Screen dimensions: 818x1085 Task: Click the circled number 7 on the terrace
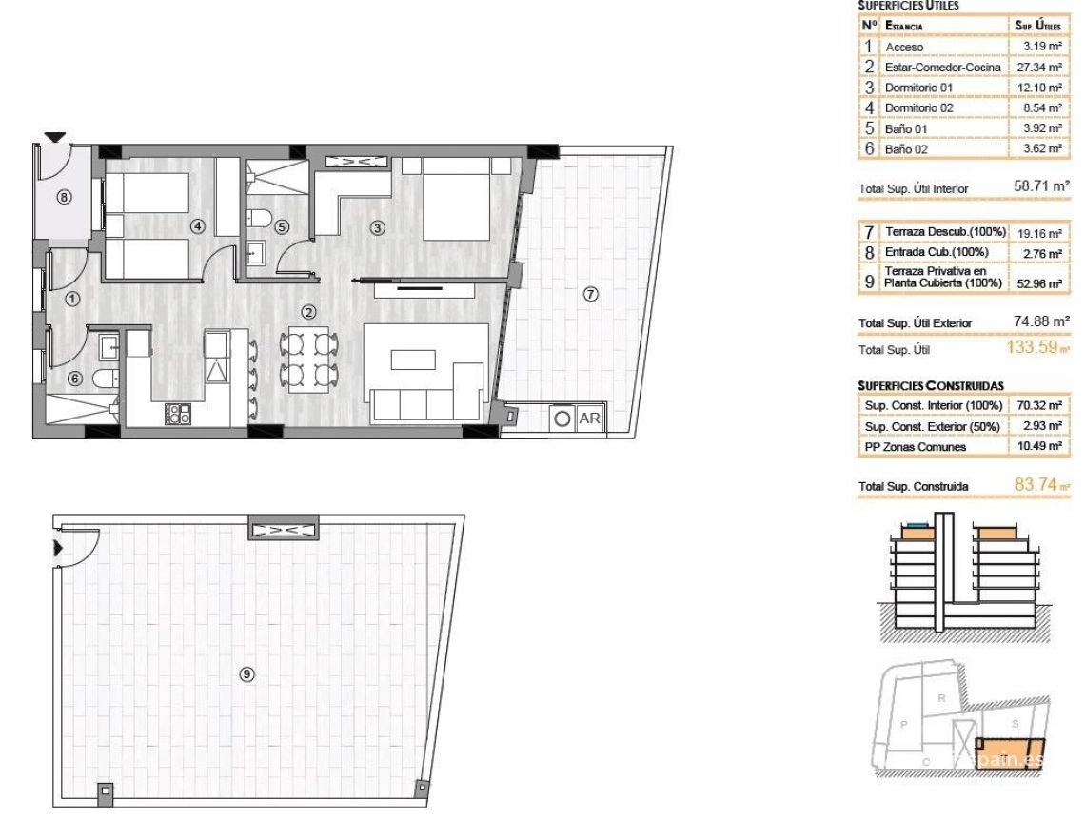[x=590, y=295]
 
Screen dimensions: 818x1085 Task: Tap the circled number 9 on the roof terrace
[x=247, y=674]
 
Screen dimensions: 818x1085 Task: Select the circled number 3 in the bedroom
[x=378, y=227]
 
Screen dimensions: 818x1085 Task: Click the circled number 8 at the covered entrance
[x=65, y=198]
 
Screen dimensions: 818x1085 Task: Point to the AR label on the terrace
[x=590, y=418]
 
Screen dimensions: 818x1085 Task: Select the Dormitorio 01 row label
[x=918, y=88]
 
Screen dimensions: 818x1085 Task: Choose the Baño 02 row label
[x=906, y=149]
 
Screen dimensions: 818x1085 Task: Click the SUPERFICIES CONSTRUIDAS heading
[x=931, y=386]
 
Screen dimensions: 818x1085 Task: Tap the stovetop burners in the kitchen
[x=179, y=414]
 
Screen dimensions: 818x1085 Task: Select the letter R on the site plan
[x=941, y=697]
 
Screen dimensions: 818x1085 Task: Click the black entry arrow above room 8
[x=54, y=138]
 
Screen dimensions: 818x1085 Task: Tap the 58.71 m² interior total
[x=1041, y=187]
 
